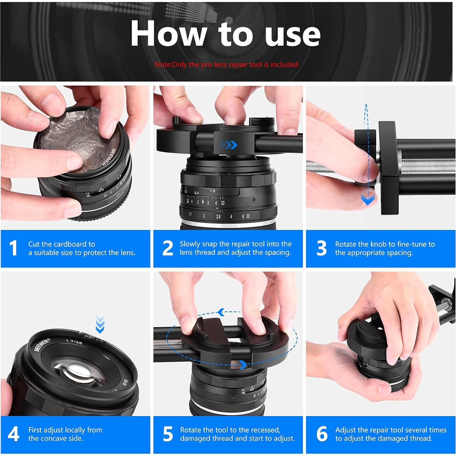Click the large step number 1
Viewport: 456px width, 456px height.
pos(13,248)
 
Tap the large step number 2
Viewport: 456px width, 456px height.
pos(168,248)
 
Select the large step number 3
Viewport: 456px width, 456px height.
pos(321,248)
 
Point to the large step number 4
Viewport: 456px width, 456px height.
pos(13,434)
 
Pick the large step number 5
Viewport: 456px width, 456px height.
pos(168,434)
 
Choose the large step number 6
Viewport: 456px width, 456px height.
pos(322,434)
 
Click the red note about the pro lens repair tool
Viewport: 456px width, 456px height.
pos(226,65)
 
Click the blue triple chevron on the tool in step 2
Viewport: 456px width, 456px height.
pos(229,145)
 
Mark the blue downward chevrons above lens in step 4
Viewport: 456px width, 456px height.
pos(100,324)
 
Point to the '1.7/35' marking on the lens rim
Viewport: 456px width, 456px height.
pos(74,342)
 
